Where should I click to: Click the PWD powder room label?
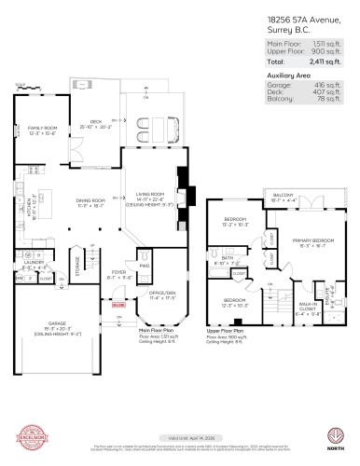pyautogui.click(x=144, y=266)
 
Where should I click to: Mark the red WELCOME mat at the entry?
pyautogui.click(x=118, y=305)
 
